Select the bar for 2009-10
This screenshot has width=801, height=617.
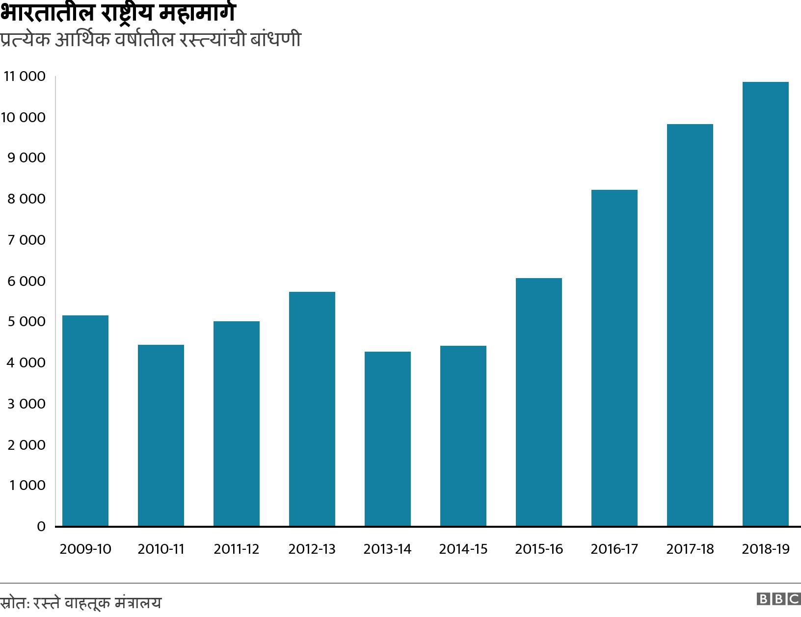pyautogui.click(x=85, y=420)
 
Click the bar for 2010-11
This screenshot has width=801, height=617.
pyautogui.click(x=161, y=435)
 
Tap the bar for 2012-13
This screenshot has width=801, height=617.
pyautogui.click(x=312, y=409)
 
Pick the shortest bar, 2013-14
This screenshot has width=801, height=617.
pyautogui.click(x=388, y=438)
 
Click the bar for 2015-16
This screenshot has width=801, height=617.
pyautogui.click(x=539, y=402)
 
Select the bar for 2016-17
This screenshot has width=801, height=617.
pyautogui.click(x=614, y=358)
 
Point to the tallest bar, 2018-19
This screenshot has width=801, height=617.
pyautogui.click(x=766, y=304)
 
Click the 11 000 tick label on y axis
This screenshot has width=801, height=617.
pyautogui.click(x=25, y=77)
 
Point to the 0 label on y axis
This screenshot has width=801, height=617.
pyautogui.click(x=41, y=527)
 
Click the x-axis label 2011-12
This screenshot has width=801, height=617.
pyautogui.click(x=237, y=549)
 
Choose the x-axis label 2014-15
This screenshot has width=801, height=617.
pyautogui.click(x=463, y=549)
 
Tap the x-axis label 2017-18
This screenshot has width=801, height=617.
pyautogui.click(x=690, y=549)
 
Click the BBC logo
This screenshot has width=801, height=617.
pyautogui.click(x=778, y=599)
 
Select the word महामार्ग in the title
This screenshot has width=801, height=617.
pyautogui.click(x=198, y=13)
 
